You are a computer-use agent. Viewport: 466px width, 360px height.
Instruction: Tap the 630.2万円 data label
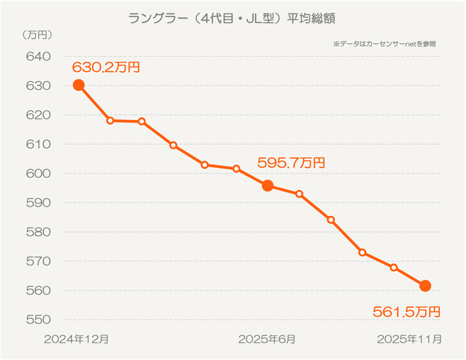[x=106, y=67]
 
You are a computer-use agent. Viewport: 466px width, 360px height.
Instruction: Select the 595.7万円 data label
[x=291, y=163]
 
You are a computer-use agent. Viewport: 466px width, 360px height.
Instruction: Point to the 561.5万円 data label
[x=406, y=312]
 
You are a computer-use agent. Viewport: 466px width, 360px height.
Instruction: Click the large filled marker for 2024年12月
[x=79, y=85]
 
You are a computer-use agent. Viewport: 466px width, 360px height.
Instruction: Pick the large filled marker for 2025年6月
[x=268, y=186]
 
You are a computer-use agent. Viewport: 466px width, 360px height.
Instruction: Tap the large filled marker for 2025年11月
[x=425, y=285]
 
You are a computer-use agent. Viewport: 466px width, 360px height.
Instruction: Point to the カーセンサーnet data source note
[x=384, y=44]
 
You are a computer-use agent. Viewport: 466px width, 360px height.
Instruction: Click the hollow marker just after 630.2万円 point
[x=110, y=121]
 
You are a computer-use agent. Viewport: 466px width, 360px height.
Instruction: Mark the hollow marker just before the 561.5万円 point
[x=393, y=267]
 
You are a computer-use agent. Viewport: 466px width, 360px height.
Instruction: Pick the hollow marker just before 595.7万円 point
[x=236, y=169]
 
